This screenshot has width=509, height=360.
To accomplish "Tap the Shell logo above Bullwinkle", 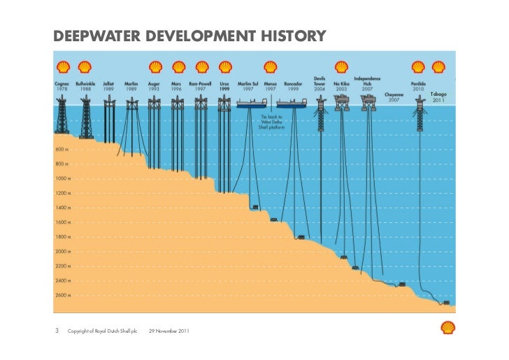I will tap(85, 68).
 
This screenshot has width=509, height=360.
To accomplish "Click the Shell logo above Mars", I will tap(178, 68).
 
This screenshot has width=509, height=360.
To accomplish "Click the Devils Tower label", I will tap(320, 84).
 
